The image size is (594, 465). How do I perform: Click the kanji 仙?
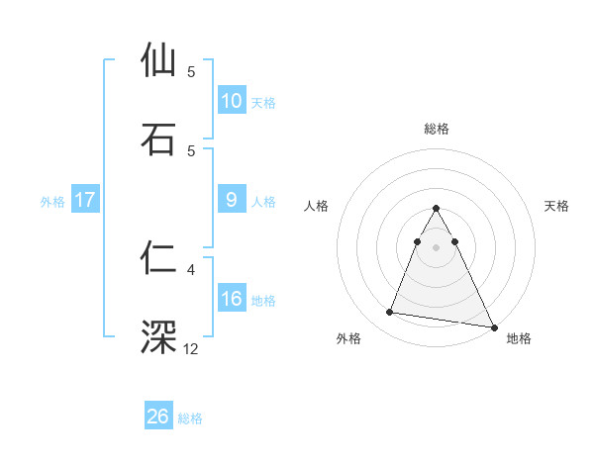pos(160,60)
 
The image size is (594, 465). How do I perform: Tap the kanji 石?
pos(160,139)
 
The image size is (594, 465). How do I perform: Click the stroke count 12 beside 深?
pos(192,348)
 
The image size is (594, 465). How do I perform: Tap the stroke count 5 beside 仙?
pos(191,71)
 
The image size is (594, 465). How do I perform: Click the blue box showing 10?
pos(232,101)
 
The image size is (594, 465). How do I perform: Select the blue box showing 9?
pos(232,200)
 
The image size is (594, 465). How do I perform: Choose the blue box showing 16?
pos(232,299)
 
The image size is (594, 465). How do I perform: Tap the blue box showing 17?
pos(85,200)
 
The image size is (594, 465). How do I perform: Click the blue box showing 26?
pos(158,417)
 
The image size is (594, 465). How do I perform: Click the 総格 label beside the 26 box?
pos(190,418)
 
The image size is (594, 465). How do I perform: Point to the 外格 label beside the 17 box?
pos(52,202)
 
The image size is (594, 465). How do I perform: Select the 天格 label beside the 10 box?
pos(263,103)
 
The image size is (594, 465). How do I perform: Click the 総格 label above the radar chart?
pos(437,129)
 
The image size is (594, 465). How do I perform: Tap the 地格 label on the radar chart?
pos(519,338)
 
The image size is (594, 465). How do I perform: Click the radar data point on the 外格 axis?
pos(390,313)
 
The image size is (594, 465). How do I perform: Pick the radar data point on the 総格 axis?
pos(437,209)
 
